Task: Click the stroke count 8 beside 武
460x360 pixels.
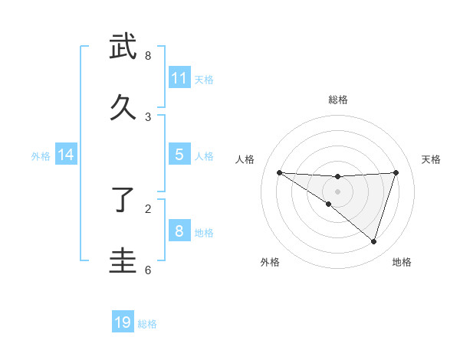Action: coord(148,56)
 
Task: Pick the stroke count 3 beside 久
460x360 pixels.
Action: coord(148,116)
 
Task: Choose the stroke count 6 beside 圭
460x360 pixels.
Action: coord(148,270)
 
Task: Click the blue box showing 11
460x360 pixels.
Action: coord(179,77)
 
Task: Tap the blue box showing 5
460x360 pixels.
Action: coord(179,154)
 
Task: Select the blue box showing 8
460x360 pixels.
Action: coord(179,231)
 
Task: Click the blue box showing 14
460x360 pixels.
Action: coord(66,155)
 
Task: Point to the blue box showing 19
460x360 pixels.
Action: coord(123,322)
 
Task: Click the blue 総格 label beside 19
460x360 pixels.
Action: coord(147,324)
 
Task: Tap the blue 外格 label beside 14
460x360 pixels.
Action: coord(41,156)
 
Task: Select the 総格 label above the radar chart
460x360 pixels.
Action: coord(338,100)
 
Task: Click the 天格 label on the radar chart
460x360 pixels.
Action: coord(431,159)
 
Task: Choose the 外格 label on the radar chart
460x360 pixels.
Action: coord(270,262)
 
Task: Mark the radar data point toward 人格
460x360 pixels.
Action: coord(279,172)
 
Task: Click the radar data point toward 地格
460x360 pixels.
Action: coord(373,241)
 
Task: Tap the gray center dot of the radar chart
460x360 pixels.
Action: coord(338,191)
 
